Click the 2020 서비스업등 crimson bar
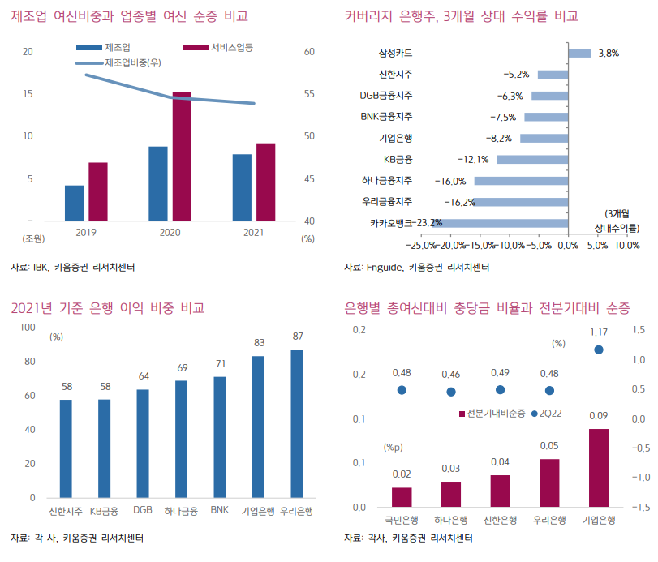182,157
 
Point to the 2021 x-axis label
254,233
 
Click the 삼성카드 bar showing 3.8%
578,54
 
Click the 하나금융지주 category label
387,180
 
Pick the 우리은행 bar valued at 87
297,423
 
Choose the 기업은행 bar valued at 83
258,427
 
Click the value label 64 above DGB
144,375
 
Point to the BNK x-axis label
220,511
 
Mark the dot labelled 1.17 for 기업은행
599,350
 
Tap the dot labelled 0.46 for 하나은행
451,392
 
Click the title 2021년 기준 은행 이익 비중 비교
107,308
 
